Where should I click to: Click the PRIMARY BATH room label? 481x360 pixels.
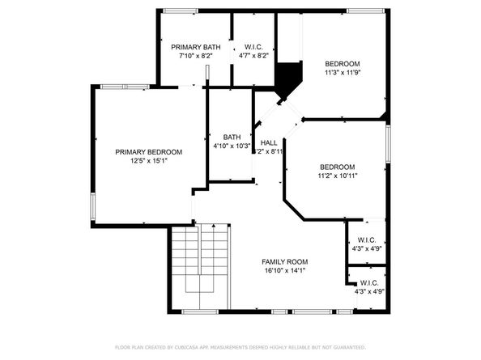tap(195, 48)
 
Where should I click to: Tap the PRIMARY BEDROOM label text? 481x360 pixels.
tap(148, 152)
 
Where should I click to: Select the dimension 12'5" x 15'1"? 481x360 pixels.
tap(148, 161)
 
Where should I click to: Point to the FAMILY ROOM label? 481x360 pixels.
tap(284, 262)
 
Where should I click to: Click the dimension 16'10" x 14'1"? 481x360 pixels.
tap(284, 271)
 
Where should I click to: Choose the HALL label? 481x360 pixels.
tap(269, 142)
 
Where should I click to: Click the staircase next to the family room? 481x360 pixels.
tap(199, 267)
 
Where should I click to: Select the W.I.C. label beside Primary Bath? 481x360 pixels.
tap(254, 48)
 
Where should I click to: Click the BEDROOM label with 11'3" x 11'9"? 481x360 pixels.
tap(343, 64)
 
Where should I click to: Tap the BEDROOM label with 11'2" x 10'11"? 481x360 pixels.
tap(337, 167)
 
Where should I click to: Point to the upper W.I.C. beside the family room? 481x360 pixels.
tap(366, 239)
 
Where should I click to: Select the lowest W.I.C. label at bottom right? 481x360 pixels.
tap(368, 283)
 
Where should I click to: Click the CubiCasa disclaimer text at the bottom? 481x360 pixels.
tap(240, 346)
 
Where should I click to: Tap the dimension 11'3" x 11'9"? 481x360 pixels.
tap(343, 74)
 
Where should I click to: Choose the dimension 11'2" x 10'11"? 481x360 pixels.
tap(337, 176)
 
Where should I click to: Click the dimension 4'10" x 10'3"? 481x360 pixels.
tap(232, 146)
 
